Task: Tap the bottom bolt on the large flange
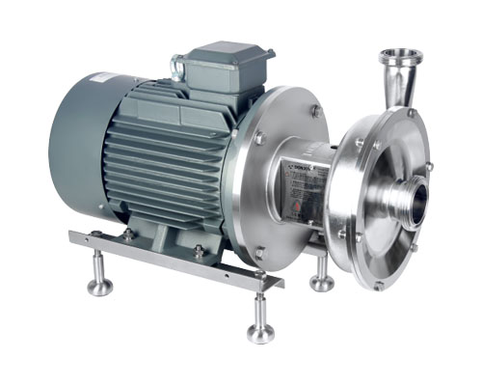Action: pyautogui.click(x=259, y=252)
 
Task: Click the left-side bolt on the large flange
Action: pyautogui.click(x=257, y=140)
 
